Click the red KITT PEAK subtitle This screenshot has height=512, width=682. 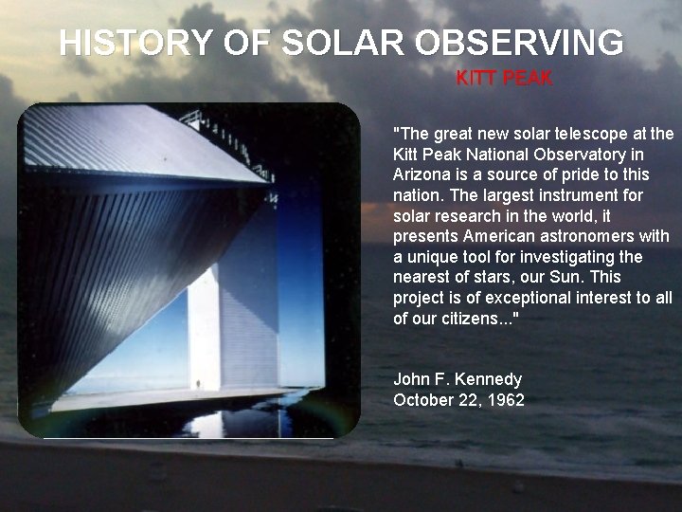(x=505, y=79)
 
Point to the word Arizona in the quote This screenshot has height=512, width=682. (x=421, y=174)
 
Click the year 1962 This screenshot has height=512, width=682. (x=506, y=400)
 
